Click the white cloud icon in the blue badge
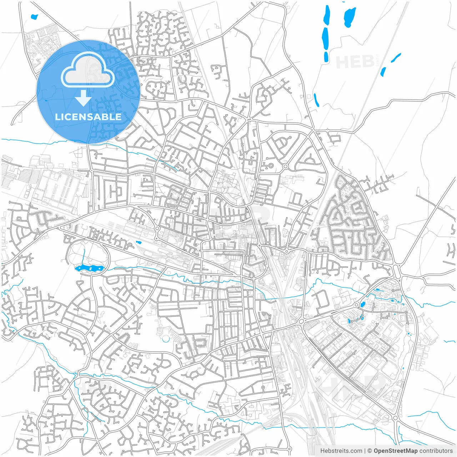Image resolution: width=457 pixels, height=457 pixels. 88,70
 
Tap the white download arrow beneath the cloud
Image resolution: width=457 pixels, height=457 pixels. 84,98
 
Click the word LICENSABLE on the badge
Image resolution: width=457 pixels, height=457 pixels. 88,117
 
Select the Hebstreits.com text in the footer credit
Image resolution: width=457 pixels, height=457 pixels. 341,451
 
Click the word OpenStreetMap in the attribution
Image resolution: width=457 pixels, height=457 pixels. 395,451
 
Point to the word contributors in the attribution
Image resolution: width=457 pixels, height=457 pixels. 436,451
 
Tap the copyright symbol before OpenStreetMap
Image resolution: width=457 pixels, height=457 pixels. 370,451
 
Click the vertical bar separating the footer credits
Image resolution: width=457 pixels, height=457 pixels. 365,451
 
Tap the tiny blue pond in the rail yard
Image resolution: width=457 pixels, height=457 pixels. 139,243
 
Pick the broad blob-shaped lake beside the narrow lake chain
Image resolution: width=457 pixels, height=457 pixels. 349,17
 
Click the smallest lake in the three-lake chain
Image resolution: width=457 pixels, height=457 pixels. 326,56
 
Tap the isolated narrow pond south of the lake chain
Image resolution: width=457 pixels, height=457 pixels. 316,100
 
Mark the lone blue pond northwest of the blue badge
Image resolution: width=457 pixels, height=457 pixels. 34,16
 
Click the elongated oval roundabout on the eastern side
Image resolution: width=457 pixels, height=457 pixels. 397,272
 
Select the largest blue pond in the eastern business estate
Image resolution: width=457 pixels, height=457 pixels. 362,305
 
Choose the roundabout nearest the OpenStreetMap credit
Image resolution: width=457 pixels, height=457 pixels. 395,418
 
